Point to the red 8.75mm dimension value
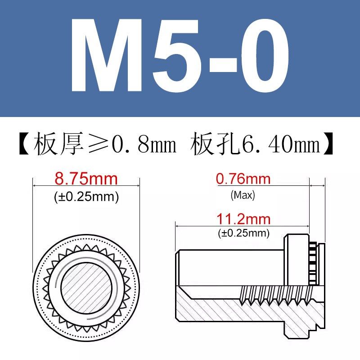85,179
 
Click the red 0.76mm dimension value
243,179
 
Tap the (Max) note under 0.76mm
243,195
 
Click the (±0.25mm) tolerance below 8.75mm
86,197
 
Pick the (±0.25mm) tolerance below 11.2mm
243,234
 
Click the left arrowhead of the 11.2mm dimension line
178,226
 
